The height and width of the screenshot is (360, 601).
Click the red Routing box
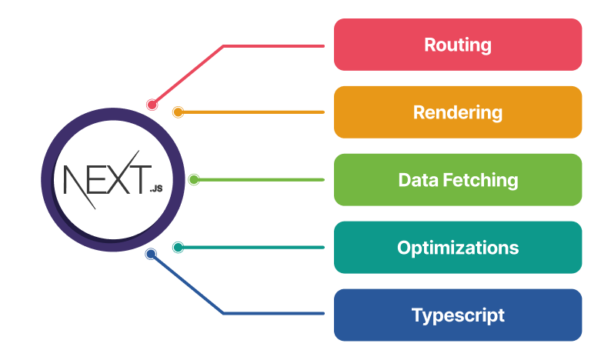tap(458, 45)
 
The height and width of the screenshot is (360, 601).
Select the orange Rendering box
tap(458, 112)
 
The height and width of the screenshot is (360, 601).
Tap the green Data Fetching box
tap(458, 180)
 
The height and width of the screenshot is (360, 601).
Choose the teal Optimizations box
tap(458, 248)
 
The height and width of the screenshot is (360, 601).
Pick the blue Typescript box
tap(458, 315)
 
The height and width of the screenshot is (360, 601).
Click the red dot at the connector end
tap(152, 105)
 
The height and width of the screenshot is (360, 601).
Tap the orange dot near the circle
tap(178, 112)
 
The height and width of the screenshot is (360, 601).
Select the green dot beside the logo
tap(194, 180)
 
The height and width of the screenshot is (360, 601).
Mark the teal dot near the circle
tap(178, 248)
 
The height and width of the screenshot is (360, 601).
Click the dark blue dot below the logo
tap(151, 254)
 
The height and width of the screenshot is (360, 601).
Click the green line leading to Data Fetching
tap(262, 180)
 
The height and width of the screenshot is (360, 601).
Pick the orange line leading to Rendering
tap(254, 112)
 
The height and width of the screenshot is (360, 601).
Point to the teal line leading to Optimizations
tap(254, 248)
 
